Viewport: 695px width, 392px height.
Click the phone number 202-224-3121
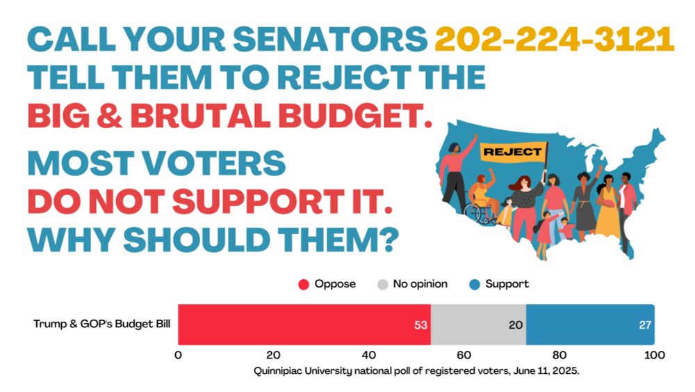(555, 40)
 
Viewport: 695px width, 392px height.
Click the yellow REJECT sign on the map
(512, 151)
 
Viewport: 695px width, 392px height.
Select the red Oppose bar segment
(304, 324)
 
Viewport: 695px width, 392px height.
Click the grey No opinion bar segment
(478, 324)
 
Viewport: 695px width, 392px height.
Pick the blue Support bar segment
(590, 324)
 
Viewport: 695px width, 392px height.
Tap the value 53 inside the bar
(420, 324)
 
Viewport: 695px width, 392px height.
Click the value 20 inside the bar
(516, 324)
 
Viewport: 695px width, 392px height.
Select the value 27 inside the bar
(644, 324)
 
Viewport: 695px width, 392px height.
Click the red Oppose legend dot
(303, 284)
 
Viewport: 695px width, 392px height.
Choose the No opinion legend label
(420, 284)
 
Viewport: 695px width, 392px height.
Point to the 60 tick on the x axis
(464, 355)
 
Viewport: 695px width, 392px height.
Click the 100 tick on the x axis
(654, 355)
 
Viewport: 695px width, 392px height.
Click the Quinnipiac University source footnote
(416, 371)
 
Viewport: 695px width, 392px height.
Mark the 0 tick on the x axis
(179, 355)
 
